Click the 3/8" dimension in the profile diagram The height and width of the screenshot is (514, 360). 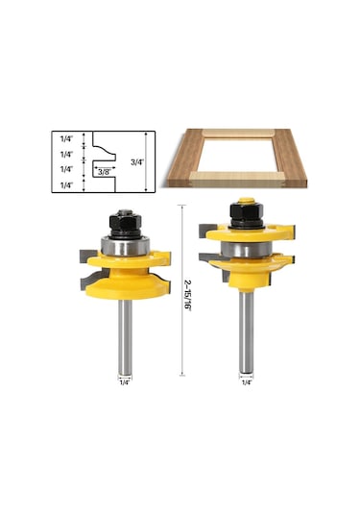point(103,171)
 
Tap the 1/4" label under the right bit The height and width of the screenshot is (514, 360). point(246,382)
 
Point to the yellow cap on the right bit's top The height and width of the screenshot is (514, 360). point(246,202)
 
